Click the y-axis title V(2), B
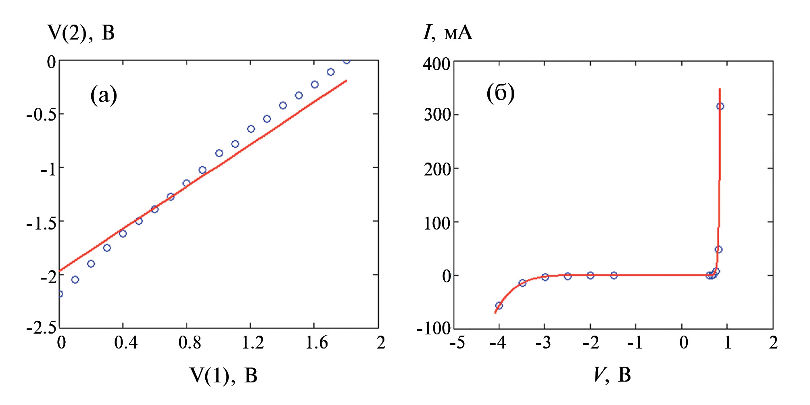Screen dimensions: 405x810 pos(81,32)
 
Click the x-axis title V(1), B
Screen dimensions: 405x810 pos(223,375)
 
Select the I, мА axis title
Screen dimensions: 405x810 pos(447,32)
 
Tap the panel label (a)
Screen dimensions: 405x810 pos(104,95)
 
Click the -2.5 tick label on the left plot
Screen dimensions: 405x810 pos(42,328)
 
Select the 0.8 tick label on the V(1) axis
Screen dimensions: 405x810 pos(190,343)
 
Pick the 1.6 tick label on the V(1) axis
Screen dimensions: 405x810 pos(317,343)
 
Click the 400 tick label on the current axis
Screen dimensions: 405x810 pos(436,64)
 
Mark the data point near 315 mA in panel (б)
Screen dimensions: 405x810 pos(720,106)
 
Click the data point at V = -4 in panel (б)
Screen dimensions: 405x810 pos(499,306)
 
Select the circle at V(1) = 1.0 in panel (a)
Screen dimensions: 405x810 pos(219,153)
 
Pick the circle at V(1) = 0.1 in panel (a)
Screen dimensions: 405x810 pos(75,280)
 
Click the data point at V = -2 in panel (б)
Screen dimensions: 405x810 pos(591,276)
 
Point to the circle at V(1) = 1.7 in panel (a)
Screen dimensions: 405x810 pos(331,72)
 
